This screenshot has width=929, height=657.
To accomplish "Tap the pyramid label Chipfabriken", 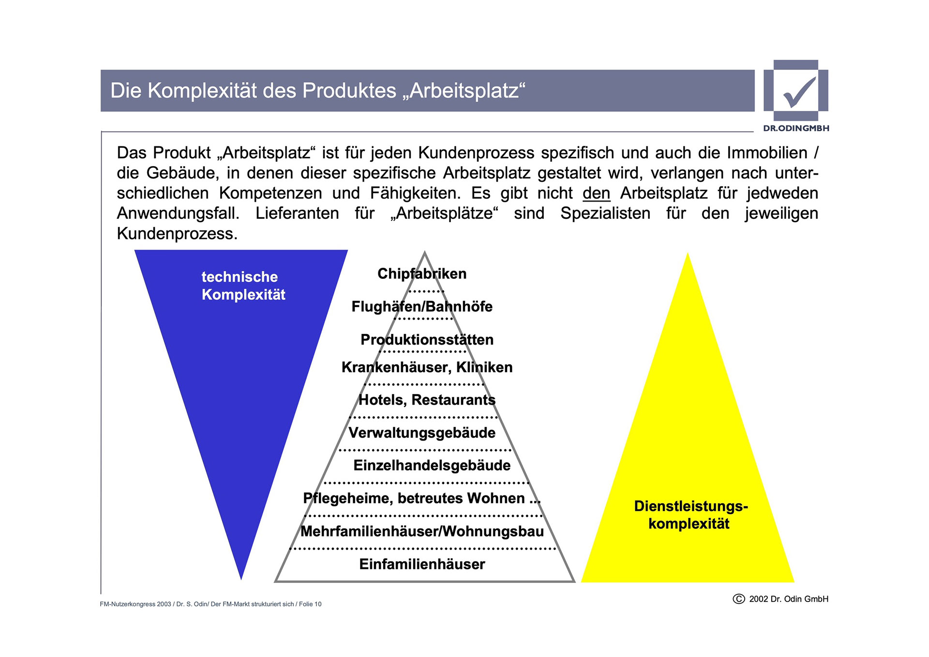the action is [x=422, y=274].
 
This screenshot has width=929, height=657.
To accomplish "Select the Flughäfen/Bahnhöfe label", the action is [x=422, y=307].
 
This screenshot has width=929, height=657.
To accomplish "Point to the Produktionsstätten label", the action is [x=427, y=340].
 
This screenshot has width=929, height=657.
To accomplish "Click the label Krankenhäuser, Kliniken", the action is [x=427, y=367].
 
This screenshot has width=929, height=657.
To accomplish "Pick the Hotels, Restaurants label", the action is [x=427, y=400].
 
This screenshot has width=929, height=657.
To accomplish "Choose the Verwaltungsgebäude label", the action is [x=422, y=433].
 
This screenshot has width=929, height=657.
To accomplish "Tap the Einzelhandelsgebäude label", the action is [x=432, y=465].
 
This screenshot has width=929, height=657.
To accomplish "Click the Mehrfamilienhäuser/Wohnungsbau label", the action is [x=422, y=532].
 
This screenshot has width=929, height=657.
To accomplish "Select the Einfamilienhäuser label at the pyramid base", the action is [x=422, y=565].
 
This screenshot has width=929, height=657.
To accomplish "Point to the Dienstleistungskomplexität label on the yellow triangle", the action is [x=690, y=515].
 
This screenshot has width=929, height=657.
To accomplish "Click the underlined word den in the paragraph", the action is [x=596, y=194].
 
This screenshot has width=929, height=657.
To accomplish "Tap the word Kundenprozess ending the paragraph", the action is [x=177, y=234].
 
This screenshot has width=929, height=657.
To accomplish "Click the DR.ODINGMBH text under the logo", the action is [x=796, y=128].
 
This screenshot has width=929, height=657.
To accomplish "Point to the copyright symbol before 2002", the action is [x=739, y=599].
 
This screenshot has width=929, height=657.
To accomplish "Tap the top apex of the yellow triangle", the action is [x=688, y=254].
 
